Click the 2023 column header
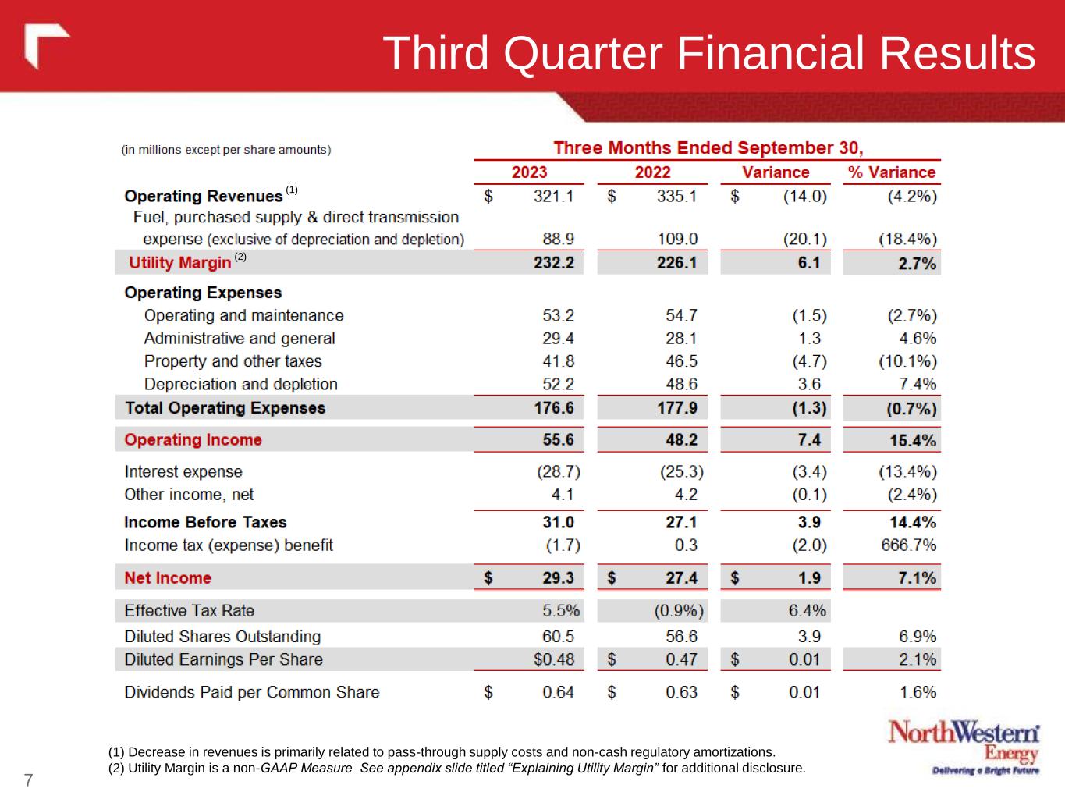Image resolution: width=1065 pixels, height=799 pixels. (529, 172)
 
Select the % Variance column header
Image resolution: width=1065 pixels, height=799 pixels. (891, 172)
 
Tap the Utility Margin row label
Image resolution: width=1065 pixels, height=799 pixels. (180, 263)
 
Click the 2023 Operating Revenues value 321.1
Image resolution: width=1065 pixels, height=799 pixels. (553, 197)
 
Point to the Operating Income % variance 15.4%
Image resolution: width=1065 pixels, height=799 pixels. (912, 440)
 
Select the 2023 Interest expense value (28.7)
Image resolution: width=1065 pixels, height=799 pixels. (558, 472)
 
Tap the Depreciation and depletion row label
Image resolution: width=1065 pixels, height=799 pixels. (240, 384)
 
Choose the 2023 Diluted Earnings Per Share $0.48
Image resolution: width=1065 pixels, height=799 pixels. (553, 659)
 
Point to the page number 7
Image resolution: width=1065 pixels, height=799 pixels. (28, 779)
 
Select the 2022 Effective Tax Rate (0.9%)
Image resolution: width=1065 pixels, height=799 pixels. (678, 611)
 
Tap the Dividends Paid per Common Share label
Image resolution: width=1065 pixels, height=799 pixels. (251, 692)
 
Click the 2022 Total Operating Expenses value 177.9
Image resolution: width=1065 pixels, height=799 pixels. (676, 408)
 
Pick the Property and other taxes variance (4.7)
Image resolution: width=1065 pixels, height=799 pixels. (804, 361)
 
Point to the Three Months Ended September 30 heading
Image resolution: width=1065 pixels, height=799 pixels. (708, 148)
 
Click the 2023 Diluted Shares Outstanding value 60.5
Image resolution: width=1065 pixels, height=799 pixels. (558, 637)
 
